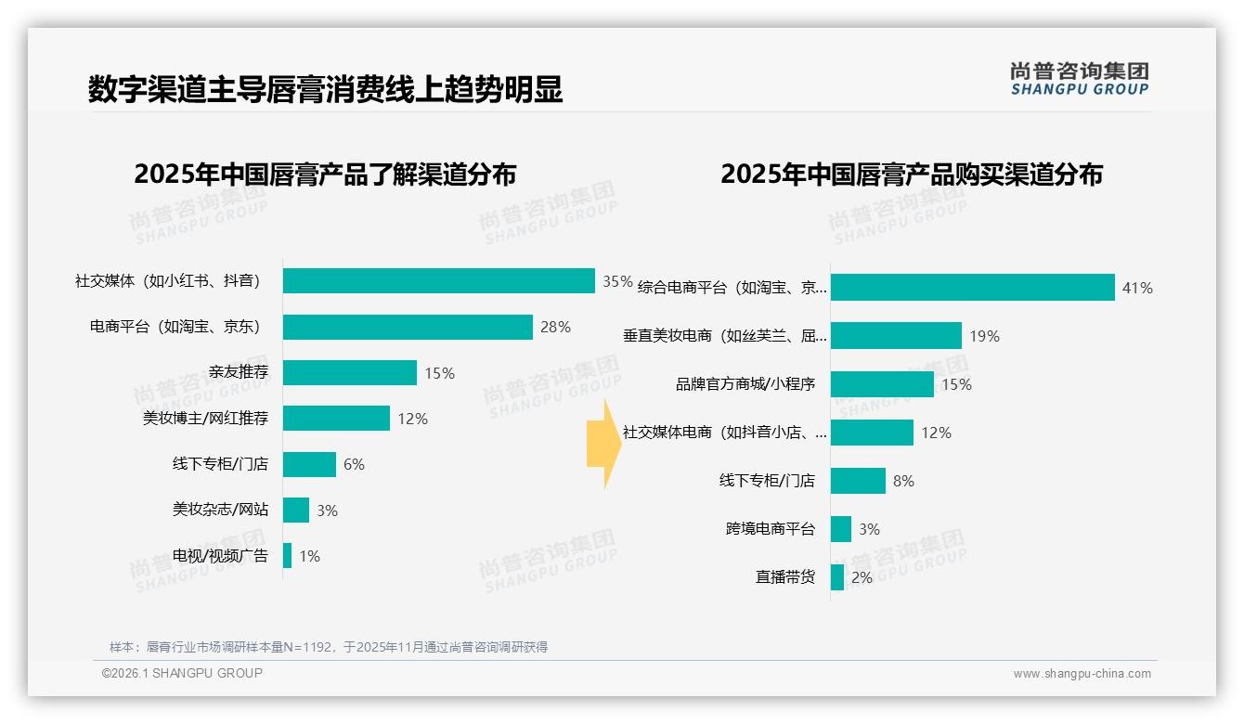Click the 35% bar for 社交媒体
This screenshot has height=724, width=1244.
coord(438,280)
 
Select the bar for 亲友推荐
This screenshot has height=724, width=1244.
coord(350,373)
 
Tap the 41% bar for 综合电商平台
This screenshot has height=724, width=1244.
coord(972,288)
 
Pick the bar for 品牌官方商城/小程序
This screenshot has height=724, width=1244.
coord(882,384)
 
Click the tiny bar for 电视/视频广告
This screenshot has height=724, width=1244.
coord(288,556)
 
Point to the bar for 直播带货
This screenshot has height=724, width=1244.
coord(837,577)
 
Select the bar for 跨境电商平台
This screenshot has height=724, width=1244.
coord(841,529)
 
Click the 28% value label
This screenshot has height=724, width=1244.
coord(555,327)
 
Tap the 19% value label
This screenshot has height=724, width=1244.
coord(984,336)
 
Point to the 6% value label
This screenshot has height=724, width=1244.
coord(354,464)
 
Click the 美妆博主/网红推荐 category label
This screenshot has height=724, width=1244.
coord(205,419)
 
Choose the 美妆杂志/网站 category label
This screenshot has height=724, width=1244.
coord(220,510)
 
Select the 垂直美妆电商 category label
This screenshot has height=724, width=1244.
coord(724,336)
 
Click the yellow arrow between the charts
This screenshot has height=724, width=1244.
coord(603,444)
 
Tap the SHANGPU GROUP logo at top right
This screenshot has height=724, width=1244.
coord(1079,79)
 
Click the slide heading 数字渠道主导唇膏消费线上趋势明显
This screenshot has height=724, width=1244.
coord(325,90)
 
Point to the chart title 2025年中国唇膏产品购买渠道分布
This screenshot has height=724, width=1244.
coord(911,175)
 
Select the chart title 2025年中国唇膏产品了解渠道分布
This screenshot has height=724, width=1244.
coord(325,175)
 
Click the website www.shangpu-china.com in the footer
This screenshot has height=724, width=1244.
coord(1082,674)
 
